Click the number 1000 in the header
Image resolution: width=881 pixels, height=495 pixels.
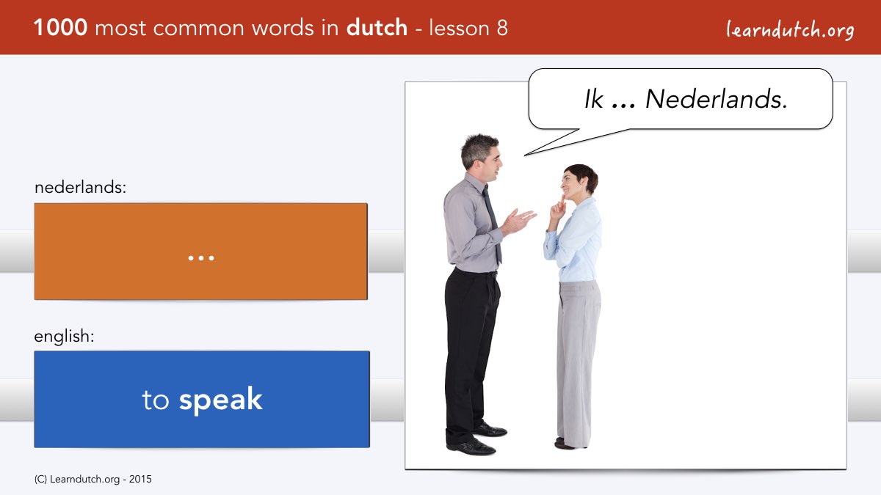point(60,28)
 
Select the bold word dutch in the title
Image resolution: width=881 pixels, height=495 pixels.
point(377,27)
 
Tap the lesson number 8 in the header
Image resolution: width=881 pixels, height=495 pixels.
point(502,28)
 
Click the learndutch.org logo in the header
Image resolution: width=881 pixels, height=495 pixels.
point(790,30)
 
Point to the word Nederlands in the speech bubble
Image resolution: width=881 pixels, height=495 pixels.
point(717,99)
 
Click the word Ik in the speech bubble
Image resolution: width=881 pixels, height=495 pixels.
point(593,99)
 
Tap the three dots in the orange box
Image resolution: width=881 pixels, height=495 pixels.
point(201,258)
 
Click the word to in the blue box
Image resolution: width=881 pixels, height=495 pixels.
point(156,400)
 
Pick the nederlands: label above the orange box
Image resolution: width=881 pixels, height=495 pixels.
point(80,187)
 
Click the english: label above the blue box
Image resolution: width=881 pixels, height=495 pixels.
point(64,337)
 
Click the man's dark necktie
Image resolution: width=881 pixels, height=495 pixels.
point(493,224)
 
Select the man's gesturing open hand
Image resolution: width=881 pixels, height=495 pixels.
point(519,221)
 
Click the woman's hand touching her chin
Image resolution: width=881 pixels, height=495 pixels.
point(558,210)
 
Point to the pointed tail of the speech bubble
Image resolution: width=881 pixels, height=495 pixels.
point(526,155)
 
